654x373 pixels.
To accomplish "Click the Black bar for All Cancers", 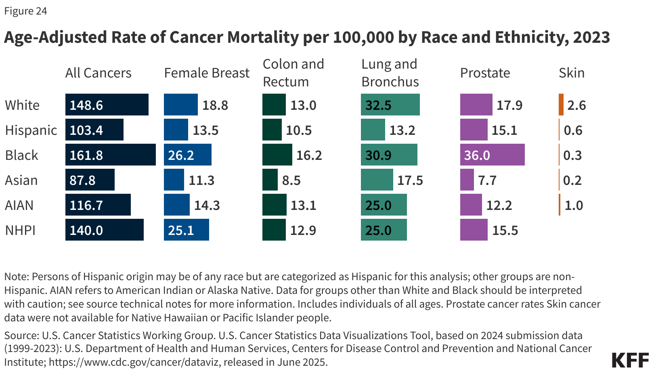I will [110, 155].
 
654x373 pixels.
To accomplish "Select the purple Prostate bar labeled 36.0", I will [492, 155].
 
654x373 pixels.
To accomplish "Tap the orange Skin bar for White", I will [561, 105].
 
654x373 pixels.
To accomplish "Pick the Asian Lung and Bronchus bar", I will [377, 180].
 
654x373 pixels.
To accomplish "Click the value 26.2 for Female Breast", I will [181, 155].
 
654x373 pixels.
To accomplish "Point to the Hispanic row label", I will [31, 130].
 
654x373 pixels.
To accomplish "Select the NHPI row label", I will [20, 230].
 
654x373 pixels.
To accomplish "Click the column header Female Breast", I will [207, 73].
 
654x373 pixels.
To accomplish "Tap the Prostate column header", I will [485, 73].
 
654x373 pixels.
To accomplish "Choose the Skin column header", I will [571, 73].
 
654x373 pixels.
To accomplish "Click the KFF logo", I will [630, 360].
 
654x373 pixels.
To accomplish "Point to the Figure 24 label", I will [25, 11].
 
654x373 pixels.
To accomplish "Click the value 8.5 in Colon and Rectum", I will [291, 180].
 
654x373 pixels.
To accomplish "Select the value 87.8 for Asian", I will [82, 180].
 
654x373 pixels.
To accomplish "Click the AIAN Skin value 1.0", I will [573, 205].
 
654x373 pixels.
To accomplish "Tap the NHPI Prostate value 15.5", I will [505, 231].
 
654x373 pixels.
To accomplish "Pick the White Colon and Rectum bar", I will [274, 105].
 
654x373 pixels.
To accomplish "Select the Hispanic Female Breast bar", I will [176, 130].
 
